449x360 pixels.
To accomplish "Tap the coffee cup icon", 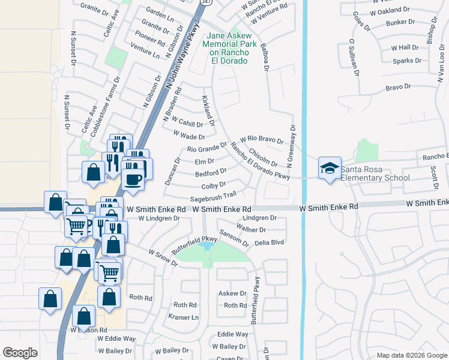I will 133,179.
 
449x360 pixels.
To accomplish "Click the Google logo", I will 20,353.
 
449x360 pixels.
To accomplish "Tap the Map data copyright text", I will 411,355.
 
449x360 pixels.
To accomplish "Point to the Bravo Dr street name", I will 397,88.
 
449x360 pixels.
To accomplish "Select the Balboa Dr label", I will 264,55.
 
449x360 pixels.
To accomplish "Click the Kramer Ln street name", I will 183,317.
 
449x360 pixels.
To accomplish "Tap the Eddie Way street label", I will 233,334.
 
